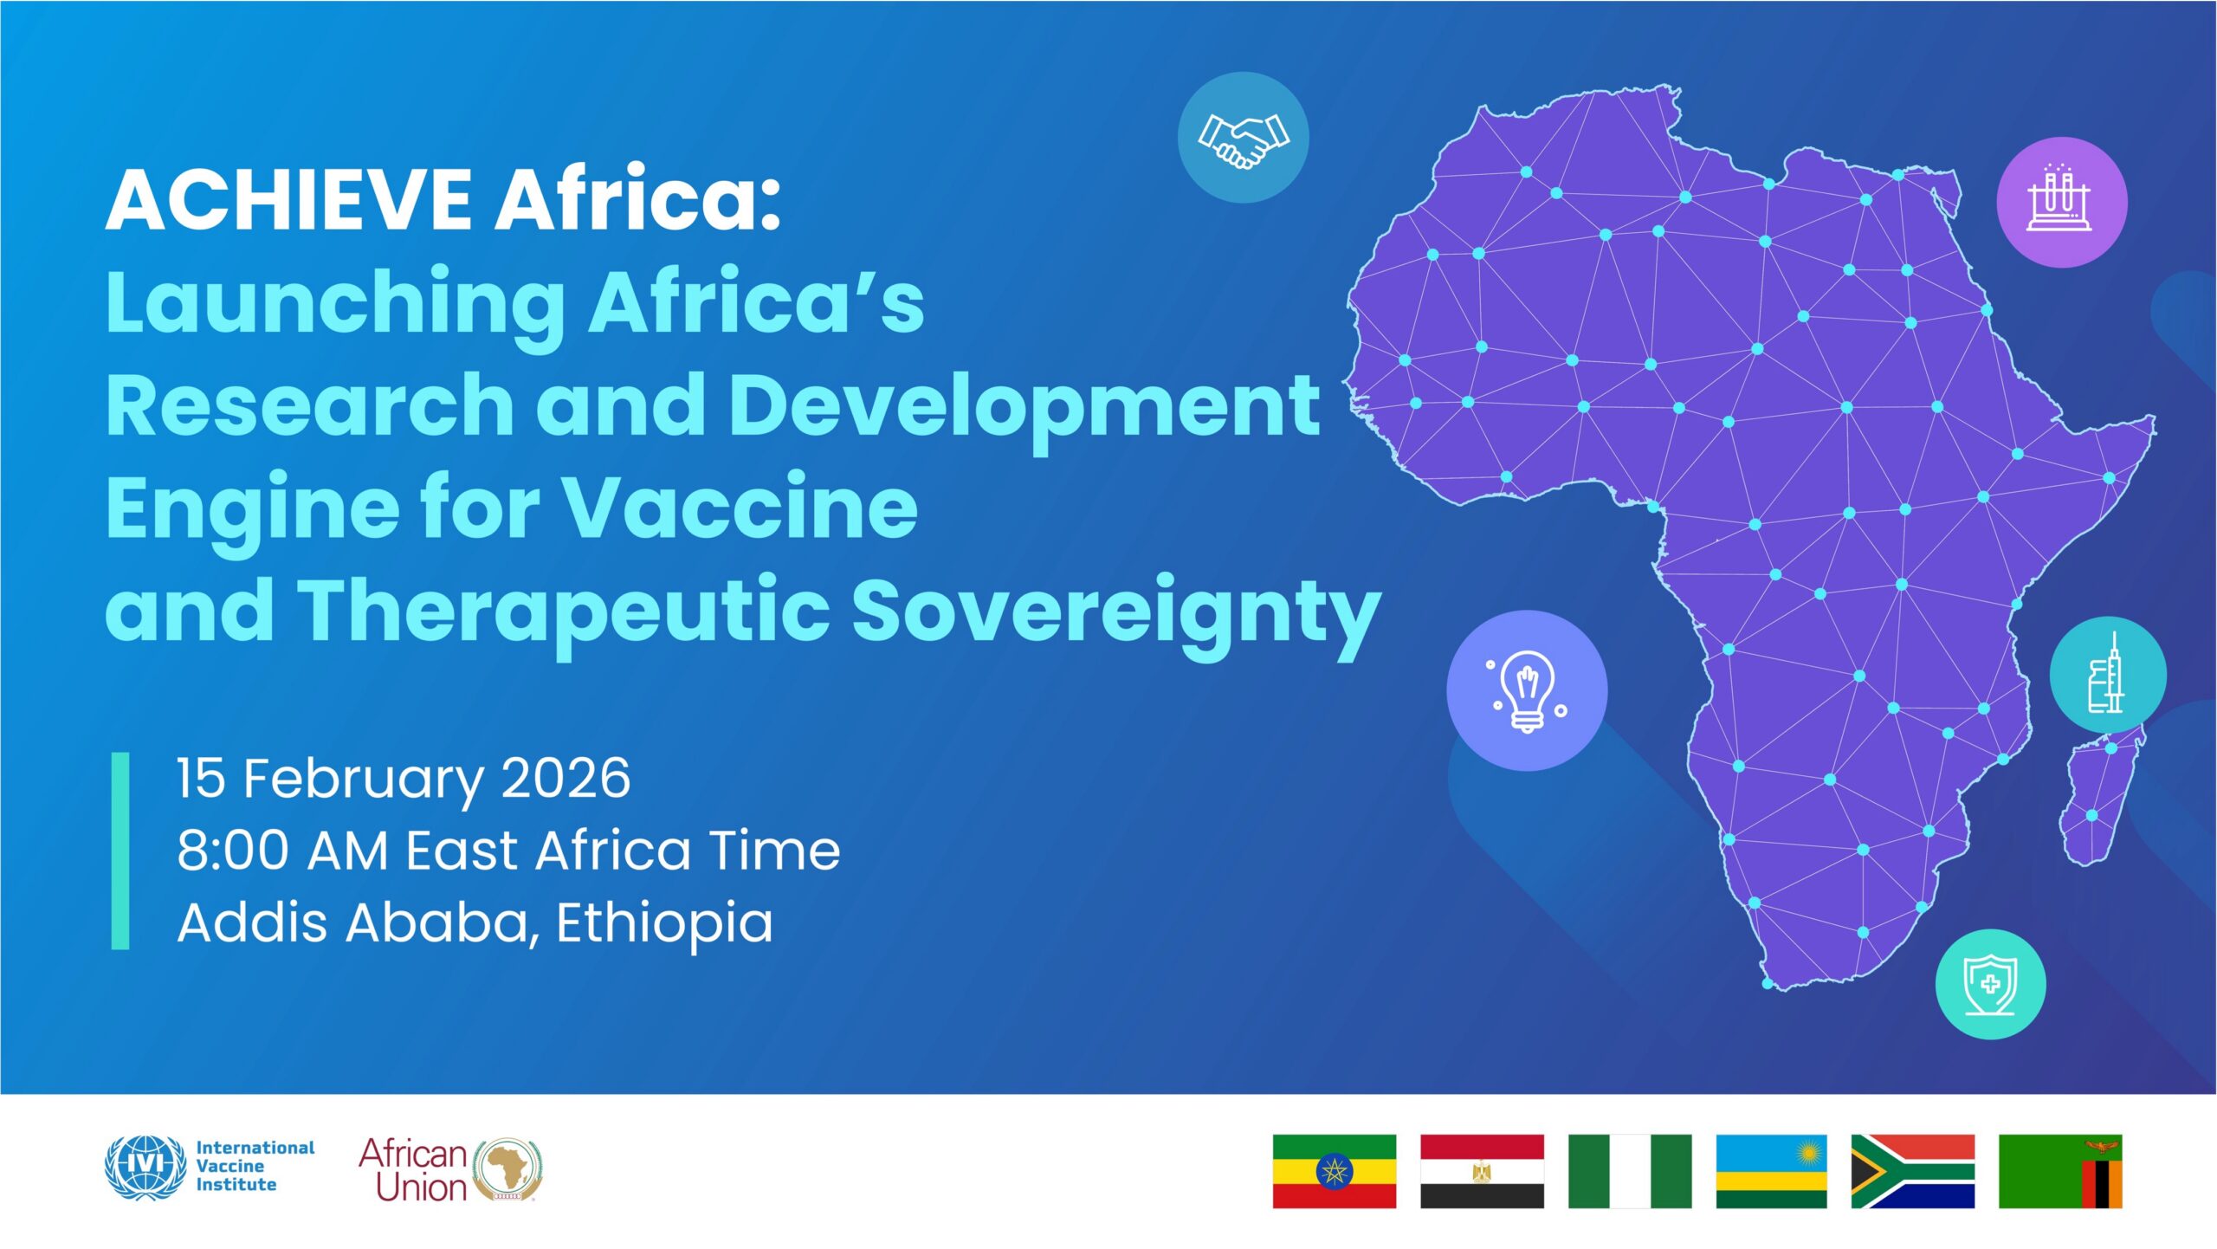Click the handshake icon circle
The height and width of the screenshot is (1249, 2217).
coord(1243,138)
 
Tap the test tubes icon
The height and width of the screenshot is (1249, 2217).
coord(2061,202)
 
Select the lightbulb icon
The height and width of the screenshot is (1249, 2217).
coord(1526,690)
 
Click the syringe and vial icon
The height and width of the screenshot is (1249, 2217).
coord(2107,676)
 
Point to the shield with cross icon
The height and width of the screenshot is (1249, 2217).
coord(1990,984)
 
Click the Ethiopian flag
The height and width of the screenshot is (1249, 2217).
coord(1334,1171)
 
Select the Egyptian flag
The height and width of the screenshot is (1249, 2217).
coord(1482,1171)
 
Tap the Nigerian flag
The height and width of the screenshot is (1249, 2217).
coord(1629,1171)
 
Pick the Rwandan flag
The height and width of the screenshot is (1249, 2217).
coord(1771,1171)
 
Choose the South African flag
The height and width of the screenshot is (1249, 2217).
coord(1912,1171)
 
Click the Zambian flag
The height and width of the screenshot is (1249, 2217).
coord(2059,1171)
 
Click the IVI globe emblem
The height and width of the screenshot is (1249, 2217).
coord(145,1167)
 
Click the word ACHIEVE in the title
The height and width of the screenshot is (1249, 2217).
coord(288,200)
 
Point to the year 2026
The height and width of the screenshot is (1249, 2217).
coord(566,778)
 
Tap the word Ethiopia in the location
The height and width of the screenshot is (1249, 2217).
coord(664,922)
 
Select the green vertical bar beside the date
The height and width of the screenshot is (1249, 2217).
coord(120,851)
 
